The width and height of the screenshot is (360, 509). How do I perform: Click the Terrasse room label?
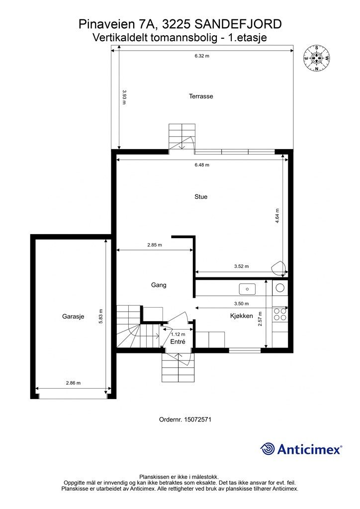coord(201,96)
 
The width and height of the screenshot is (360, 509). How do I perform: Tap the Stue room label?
coord(201,196)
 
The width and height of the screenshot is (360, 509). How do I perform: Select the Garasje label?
coord(73,316)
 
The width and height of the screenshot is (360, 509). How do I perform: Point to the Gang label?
coord(159,285)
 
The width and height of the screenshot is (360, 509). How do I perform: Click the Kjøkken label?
coord(242,316)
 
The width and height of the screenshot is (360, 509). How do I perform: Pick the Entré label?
coord(178,341)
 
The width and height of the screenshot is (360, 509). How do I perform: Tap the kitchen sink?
coord(247,289)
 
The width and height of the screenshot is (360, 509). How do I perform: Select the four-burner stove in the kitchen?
coord(280,314)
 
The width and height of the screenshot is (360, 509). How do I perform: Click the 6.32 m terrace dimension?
coord(202,56)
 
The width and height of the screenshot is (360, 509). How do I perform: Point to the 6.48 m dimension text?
coord(202,165)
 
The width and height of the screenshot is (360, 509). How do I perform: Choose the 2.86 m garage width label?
coord(74,383)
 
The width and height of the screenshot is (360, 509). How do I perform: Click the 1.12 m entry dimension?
coord(178,334)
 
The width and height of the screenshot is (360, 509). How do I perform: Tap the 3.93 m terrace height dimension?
coord(124,97)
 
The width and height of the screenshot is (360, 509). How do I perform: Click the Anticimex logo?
coord(301,449)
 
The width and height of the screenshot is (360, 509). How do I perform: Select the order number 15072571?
coord(198,420)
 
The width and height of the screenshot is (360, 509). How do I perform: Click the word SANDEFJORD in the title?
coord(238,24)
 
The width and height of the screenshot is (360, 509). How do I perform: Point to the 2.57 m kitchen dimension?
coord(260,319)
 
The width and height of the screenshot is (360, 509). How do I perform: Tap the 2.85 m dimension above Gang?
coord(155,245)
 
